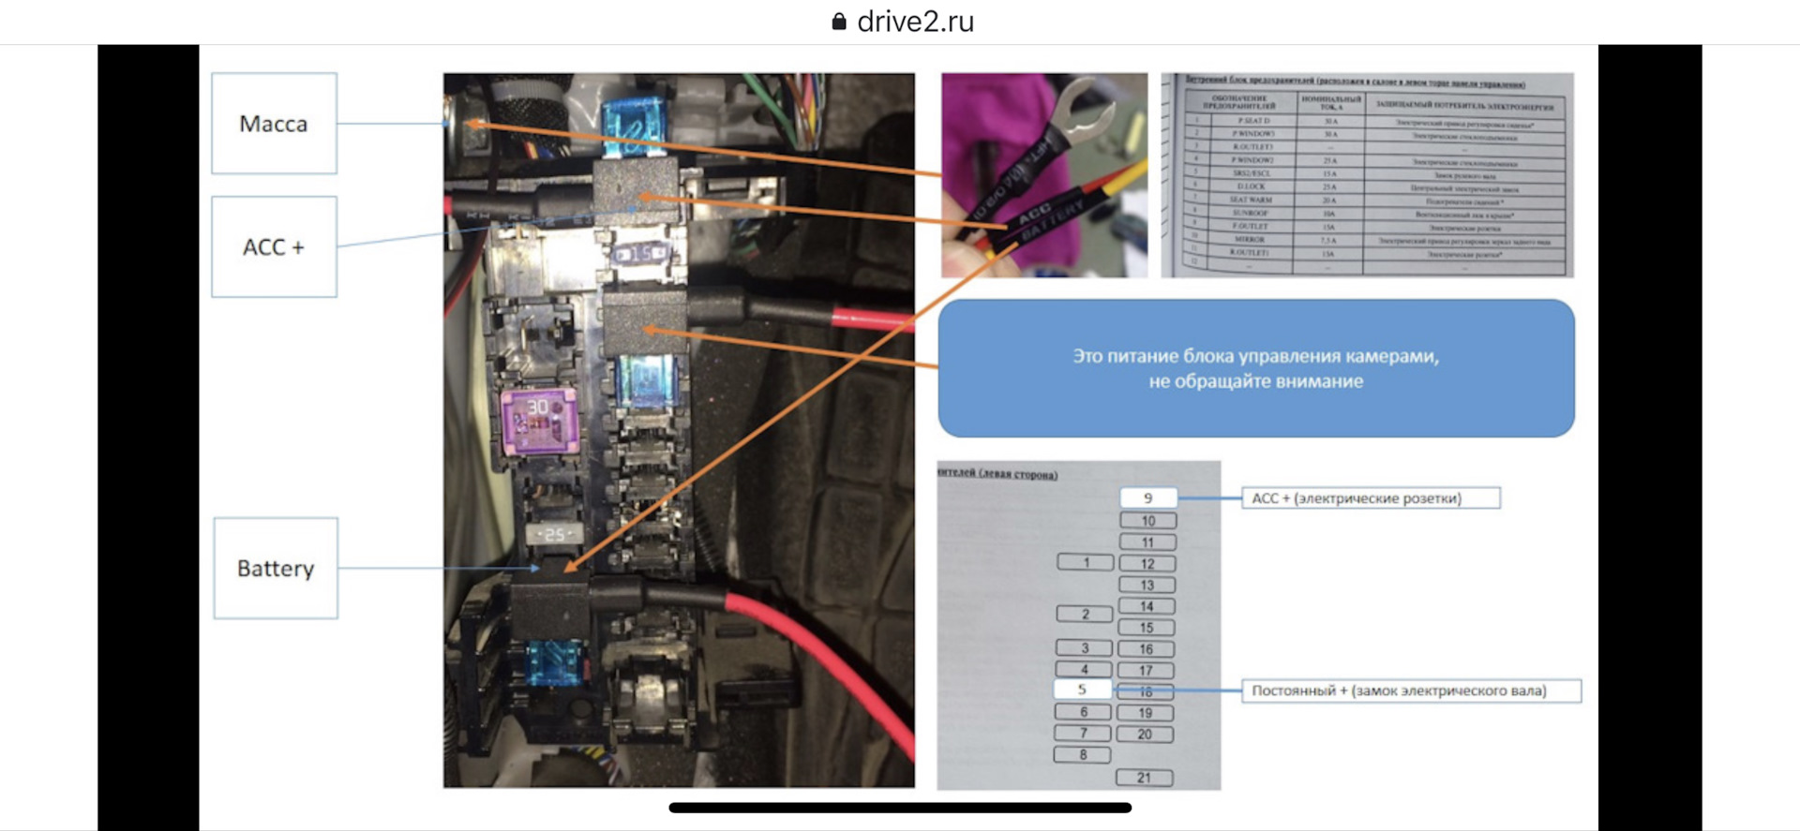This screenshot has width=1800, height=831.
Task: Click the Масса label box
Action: tap(274, 124)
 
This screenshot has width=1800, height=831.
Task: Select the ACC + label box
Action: tap(274, 246)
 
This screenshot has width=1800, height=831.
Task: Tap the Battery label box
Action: tap(276, 568)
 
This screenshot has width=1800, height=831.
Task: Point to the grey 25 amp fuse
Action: tap(555, 534)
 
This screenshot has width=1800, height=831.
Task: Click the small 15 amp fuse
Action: tap(640, 253)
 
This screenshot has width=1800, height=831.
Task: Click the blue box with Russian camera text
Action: tap(1255, 368)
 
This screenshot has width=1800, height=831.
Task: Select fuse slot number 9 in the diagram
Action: tap(1147, 498)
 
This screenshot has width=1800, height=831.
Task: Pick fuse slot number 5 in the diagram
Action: tap(1082, 690)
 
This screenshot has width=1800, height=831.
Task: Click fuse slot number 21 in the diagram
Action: tap(1144, 778)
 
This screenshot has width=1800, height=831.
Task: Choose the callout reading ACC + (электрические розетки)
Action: tap(1370, 498)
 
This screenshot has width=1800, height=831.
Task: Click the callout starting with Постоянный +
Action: tap(1410, 690)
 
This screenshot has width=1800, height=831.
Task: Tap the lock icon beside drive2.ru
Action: tap(839, 22)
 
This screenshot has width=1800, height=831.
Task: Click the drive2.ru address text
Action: tap(915, 22)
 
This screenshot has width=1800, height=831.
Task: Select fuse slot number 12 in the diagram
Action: tap(1147, 564)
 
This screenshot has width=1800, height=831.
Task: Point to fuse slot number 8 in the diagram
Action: tap(1083, 755)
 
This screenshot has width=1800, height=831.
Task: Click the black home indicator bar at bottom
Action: tap(900, 808)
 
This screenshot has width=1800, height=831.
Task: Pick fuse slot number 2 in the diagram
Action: tap(1085, 615)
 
